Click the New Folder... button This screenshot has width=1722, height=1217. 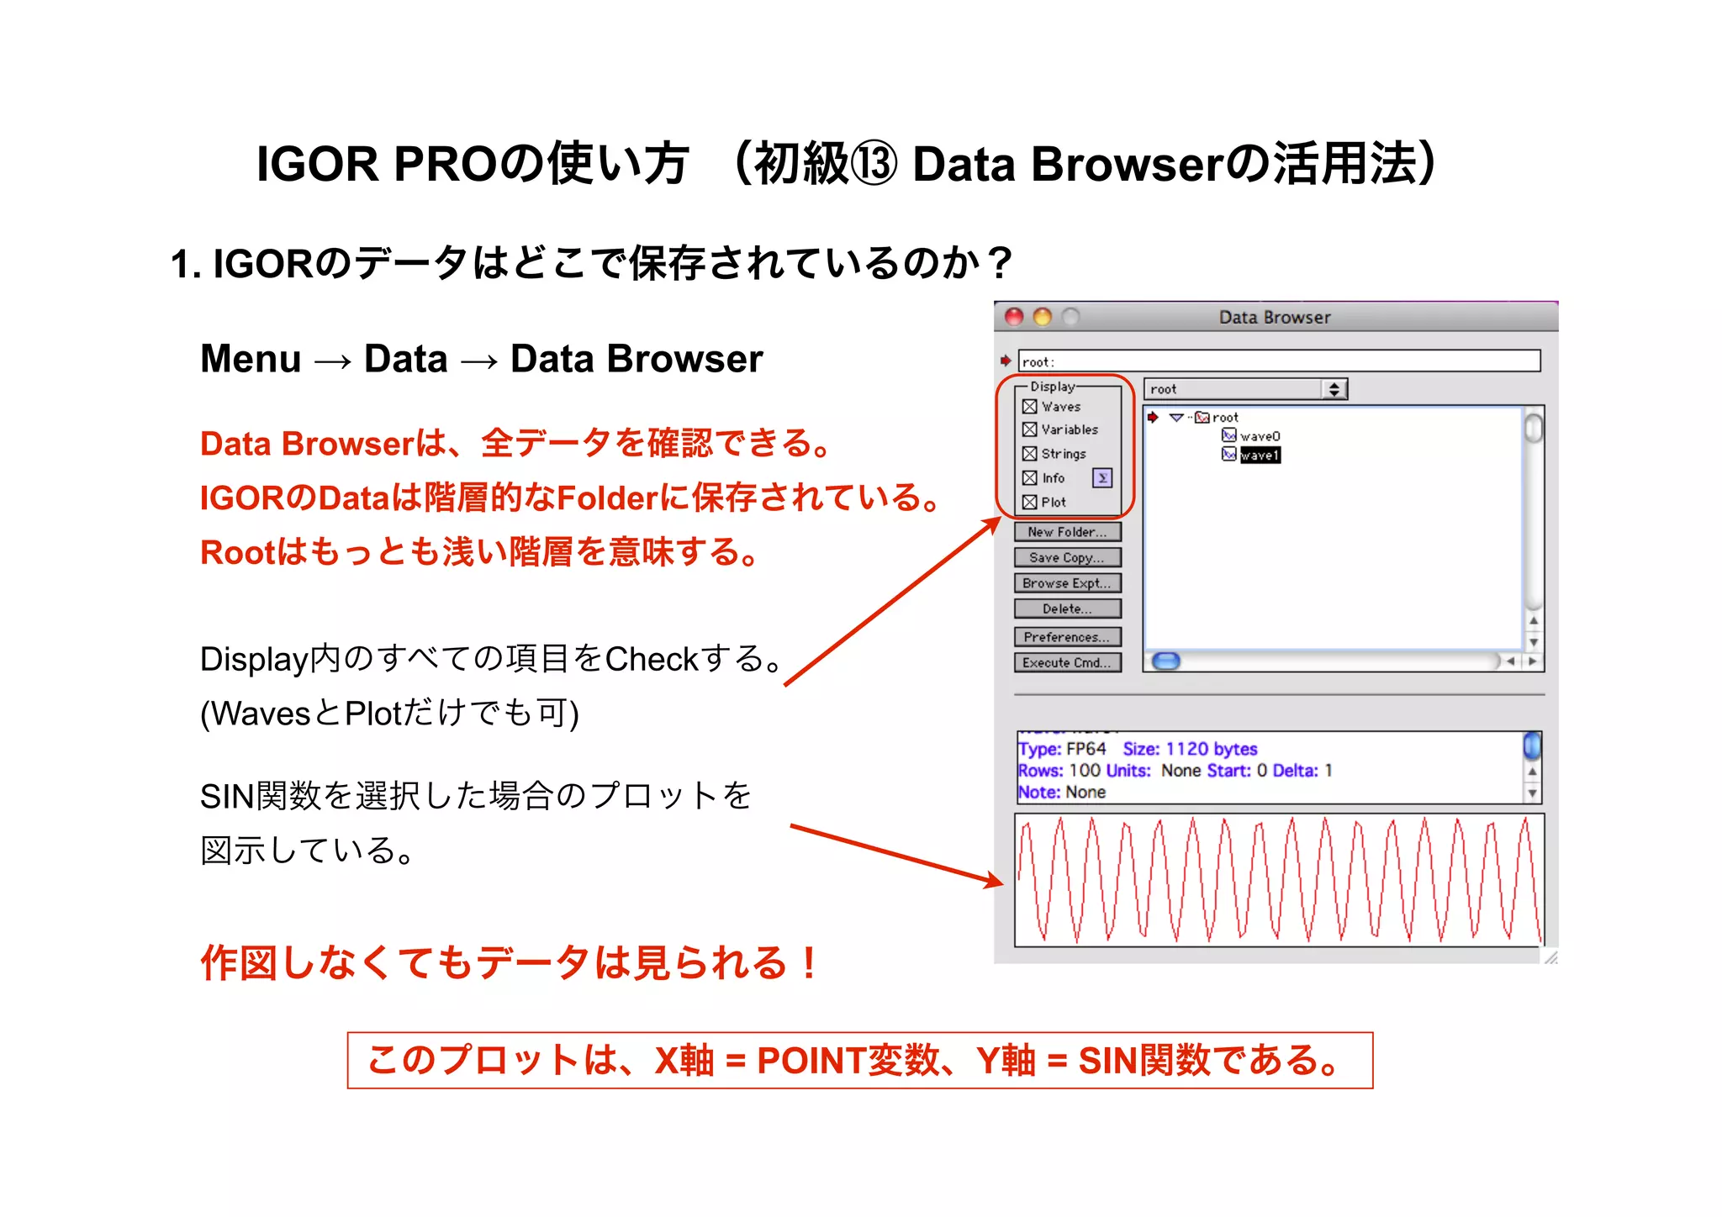(x=1067, y=532)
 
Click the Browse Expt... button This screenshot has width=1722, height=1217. (x=1067, y=583)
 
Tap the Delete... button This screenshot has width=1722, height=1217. (x=1067, y=608)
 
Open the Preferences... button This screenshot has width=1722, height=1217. (x=1067, y=637)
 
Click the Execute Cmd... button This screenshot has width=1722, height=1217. (x=1067, y=662)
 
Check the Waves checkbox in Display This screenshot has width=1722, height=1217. (x=1029, y=407)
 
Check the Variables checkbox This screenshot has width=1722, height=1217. (x=1029, y=429)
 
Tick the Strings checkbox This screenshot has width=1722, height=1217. (x=1029, y=454)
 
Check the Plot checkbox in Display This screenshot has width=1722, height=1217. (x=1029, y=503)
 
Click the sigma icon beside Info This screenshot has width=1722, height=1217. (x=1101, y=478)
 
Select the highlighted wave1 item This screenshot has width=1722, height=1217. (x=1260, y=456)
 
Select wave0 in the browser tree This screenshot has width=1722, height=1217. (x=1260, y=436)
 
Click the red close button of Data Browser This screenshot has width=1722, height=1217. (x=1015, y=317)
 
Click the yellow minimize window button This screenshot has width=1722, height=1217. (x=1043, y=317)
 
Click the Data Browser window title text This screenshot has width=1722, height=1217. (x=1275, y=318)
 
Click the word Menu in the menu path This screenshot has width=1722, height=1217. (x=251, y=359)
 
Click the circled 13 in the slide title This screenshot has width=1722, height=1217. (x=874, y=164)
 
